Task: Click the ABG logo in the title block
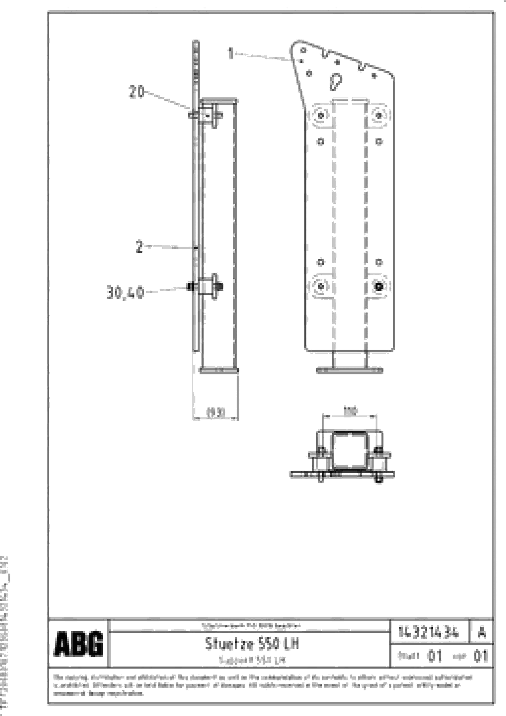(78, 643)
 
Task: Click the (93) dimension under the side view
(215, 413)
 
